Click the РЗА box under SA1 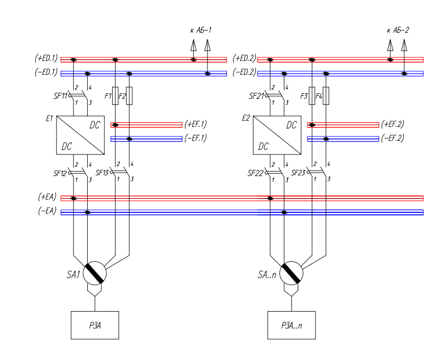(x=94, y=325)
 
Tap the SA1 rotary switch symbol (x=94, y=273)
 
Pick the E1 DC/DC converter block (x=80, y=134)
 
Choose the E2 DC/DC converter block (x=278, y=134)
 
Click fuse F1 (x=116, y=95)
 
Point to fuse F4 (x=327, y=95)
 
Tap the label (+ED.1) (x=46, y=59)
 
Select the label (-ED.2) (x=244, y=73)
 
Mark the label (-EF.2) (x=393, y=139)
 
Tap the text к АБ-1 (x=200, y=31)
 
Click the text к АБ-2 (x=398, y=31)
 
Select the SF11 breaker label (x=60, y=95)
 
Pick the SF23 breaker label (x=299, y=173)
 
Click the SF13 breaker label (x=102, y=173)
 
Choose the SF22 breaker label (x=256, y=173)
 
